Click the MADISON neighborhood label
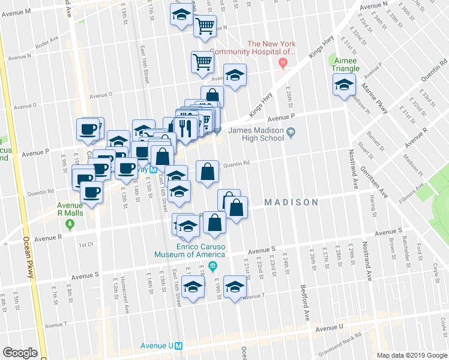pyautogui.click(x=291, y=202)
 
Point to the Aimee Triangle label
pyautogui.click(x=346, y=64)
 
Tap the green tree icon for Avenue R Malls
pyautogui.click(x=70, y=224)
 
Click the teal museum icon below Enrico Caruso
pyautogui.click(x=212, y=266)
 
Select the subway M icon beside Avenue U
pyautogui.click(x=178, y=346)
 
